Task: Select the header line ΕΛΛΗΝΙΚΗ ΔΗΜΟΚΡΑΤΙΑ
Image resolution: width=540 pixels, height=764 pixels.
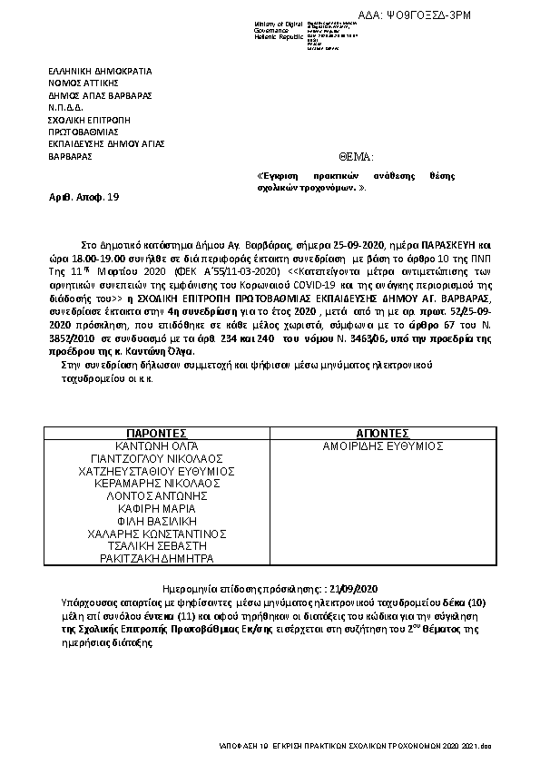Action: [x=100, y=70]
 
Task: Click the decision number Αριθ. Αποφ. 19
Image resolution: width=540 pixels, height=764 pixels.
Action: [x=83, y=196]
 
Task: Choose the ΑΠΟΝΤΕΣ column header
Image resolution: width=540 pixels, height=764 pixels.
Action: [x=383, y=434]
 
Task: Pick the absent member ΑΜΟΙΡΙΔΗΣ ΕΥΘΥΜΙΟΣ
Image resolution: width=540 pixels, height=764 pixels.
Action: [x=383, y=446]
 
